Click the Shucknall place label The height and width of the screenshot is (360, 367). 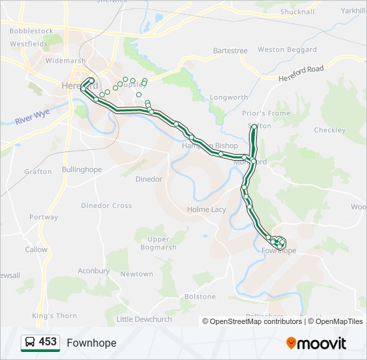(297, 11)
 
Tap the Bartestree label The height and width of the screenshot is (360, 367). (230, 51)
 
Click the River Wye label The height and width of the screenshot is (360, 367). (33, 117)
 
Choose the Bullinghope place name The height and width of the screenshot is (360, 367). (81, 169)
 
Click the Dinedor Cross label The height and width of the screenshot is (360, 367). (106, 205)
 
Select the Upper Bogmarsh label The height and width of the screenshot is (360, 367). (158, 243)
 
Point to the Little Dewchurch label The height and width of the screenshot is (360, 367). (144, 319)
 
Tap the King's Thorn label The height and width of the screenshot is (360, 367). (55, 315)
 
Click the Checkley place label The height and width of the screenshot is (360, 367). (329, 130)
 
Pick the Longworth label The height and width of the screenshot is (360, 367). (229, 97)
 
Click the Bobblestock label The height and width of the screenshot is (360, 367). (31, 31)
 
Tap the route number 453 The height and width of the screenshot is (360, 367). (47, 342)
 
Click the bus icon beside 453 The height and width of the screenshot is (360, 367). (30, 343)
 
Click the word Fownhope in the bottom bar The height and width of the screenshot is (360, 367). (91, 343)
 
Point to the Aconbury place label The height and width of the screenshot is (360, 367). (93, 271)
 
